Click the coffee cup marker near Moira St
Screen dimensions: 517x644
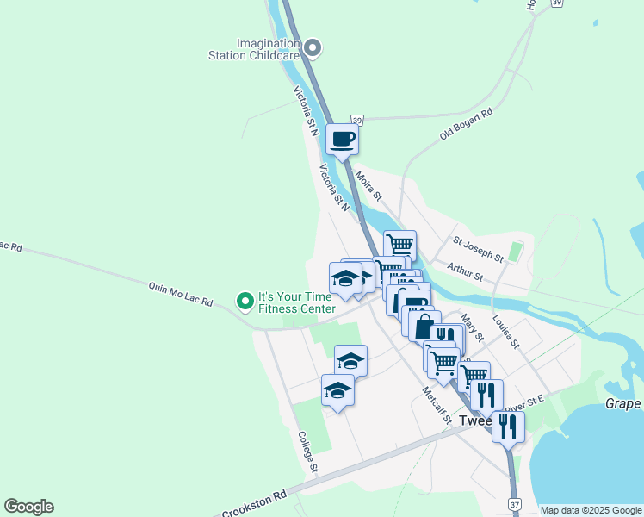342,139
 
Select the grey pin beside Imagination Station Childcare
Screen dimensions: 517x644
313,48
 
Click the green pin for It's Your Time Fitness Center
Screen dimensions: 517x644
245,301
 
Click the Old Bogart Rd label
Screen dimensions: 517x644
466,125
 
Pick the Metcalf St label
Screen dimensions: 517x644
437,404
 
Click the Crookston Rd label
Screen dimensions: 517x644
254,505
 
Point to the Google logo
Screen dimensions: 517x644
28,507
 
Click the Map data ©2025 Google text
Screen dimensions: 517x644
591,510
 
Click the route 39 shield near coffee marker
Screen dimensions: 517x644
357,120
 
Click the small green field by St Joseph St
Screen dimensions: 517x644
516,252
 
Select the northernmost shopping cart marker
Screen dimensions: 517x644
399,245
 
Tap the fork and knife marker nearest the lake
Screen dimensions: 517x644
508,426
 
